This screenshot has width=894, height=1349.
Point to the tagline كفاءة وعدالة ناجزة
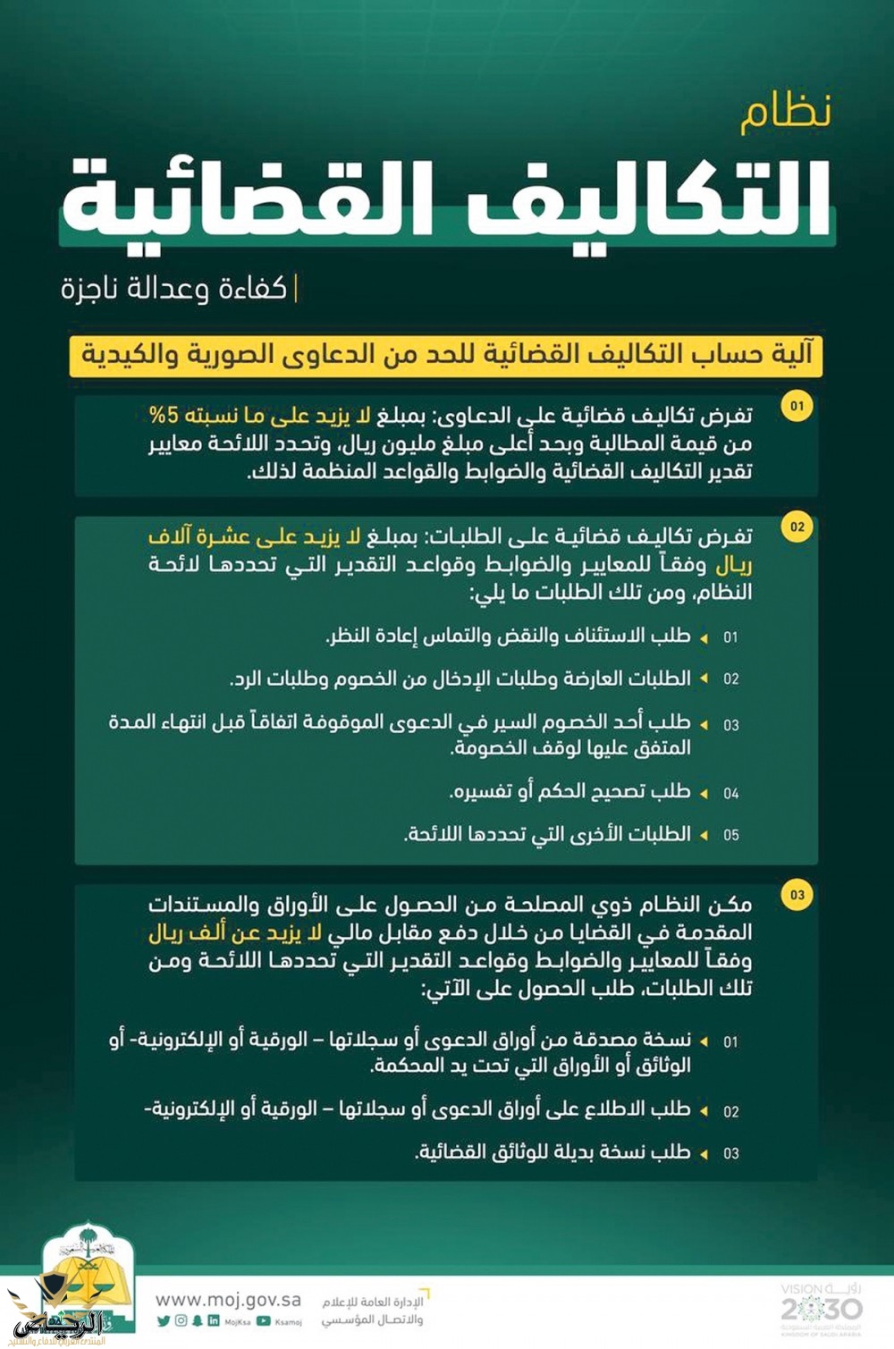click(174, 289)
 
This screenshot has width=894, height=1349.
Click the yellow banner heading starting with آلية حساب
click(446, 355)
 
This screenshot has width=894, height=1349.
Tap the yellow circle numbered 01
click(797, 406)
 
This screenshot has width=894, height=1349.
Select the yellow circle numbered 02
click(797, 527)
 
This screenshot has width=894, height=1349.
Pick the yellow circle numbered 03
click(797, 894)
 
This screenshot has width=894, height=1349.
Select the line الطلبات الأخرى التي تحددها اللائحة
click(547, 834)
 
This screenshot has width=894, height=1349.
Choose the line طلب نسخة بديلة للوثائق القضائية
click(552, 1151)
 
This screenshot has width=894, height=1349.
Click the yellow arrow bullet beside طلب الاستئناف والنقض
click(704, 637)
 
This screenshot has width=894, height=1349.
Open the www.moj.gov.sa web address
click(228, 1299)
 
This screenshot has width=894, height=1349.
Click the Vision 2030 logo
click(821, 1306)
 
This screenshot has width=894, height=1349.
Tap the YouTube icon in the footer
click(264, 1320)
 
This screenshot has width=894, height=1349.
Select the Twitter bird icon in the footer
click(163, 1320)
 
